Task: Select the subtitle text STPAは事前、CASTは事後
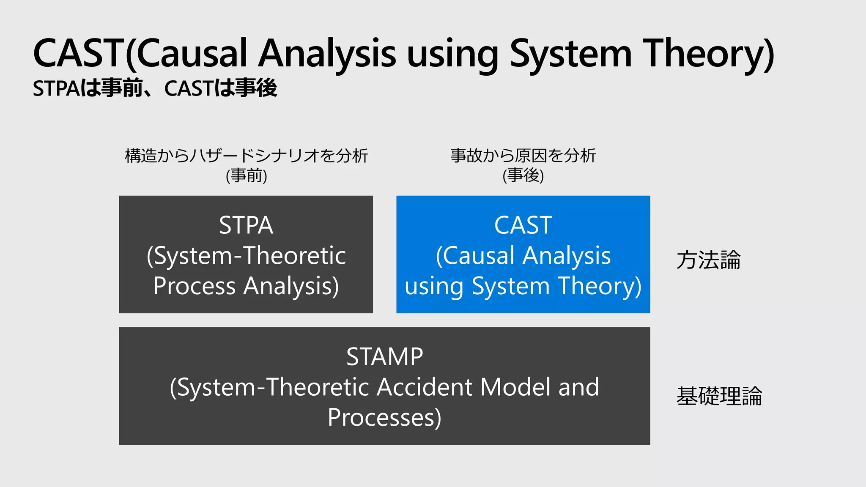pyautogui.click(x=155, y=88)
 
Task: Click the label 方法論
pyautogui.click(x=708, y=260)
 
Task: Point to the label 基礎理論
pyautogui.click(x=719, y=396)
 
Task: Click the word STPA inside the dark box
pyautogui.click(x=246, y=225)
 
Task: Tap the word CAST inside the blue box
pyautogui.click(x=523, y=225)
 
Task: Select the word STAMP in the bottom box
pyautogui.click(x=384, y=356)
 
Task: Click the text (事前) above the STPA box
pyautogui.click(x=246, y=175)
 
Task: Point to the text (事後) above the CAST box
pyautogui.click(x=523, y=175)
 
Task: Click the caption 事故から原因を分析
pyautogui.click(x=523, y=156)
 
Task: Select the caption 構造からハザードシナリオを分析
pyautogui.click(x=246, y=156)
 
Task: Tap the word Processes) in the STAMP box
pyautogui.click(x=384, y=417)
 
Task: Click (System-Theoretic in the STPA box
pyautogui.click(x=246, y=256)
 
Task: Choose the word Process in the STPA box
pyautogui.click(x=194, y=286)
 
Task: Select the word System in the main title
pyautogui.click(x=570, y=54)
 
